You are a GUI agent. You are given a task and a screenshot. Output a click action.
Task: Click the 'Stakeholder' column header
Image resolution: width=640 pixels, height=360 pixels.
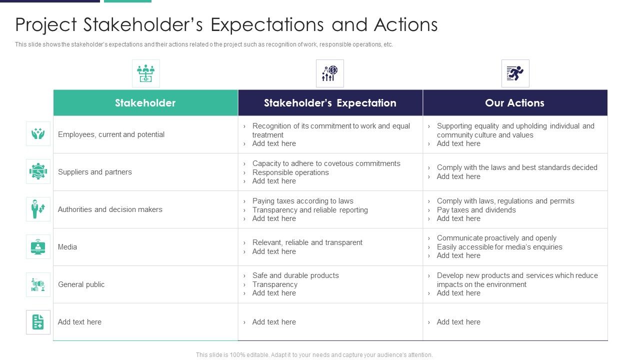145,103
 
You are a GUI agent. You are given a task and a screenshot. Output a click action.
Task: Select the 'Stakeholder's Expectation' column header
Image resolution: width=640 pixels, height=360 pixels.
330,103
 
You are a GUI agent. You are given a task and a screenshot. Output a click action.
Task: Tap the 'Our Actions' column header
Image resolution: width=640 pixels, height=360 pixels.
514,103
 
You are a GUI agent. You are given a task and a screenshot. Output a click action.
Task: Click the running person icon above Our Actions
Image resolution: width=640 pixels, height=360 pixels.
515,73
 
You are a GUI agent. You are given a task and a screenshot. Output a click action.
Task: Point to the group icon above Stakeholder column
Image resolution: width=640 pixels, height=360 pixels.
145,73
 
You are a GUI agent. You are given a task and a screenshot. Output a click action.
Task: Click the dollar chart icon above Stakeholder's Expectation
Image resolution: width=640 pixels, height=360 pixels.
329,73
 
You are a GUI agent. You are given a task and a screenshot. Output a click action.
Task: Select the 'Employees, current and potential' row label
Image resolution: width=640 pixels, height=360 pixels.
111,134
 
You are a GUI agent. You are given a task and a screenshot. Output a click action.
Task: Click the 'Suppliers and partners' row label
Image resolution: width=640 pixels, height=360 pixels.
95,172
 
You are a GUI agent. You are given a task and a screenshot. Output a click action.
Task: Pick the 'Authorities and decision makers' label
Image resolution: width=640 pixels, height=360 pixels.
110,209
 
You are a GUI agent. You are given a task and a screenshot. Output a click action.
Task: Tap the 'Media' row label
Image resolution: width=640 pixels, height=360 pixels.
67,247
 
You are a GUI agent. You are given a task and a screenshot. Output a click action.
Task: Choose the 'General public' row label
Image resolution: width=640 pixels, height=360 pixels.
81,284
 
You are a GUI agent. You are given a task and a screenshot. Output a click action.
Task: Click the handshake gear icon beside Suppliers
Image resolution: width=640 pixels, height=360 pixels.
38,171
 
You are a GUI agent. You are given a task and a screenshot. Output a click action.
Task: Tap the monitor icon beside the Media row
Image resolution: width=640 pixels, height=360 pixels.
38,247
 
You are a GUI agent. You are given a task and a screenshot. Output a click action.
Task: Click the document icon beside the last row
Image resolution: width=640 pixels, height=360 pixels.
38,322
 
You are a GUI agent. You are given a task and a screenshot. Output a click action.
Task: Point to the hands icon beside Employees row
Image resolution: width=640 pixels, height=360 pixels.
38,134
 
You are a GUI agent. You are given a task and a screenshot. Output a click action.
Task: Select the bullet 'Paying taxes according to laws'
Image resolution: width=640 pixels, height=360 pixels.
302,201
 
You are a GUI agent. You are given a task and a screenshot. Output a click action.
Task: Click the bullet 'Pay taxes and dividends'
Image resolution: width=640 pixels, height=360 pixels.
476,210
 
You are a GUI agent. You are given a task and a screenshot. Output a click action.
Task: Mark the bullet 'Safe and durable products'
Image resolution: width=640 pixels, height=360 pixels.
295,275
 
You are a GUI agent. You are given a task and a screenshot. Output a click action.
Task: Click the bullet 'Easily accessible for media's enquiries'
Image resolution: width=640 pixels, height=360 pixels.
499,247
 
